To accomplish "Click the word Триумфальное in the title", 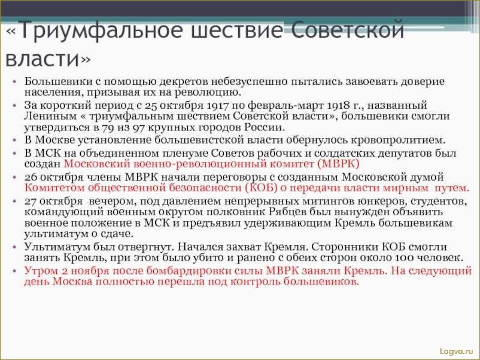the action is pyautogui.click(x=102, y=30).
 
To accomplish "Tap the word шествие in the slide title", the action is pyautogui.click(x=236, y=30).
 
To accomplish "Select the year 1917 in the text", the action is pyautogui.click(x=218, y=105).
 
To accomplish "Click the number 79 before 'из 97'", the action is pyautogui.click(x=107, y=127).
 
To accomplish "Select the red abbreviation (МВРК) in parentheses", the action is pyautogui.click(x=338, y=164).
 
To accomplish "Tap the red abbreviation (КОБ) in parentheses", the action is pyautogui.click(x=261, y=188).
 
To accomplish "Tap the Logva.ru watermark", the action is pyautogui.click(x=456, y=352).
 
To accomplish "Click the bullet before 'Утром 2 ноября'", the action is pyautogui.click(x=14, y=271).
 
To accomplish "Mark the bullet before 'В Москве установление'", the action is pyautogui.click(x=14, y=141).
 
